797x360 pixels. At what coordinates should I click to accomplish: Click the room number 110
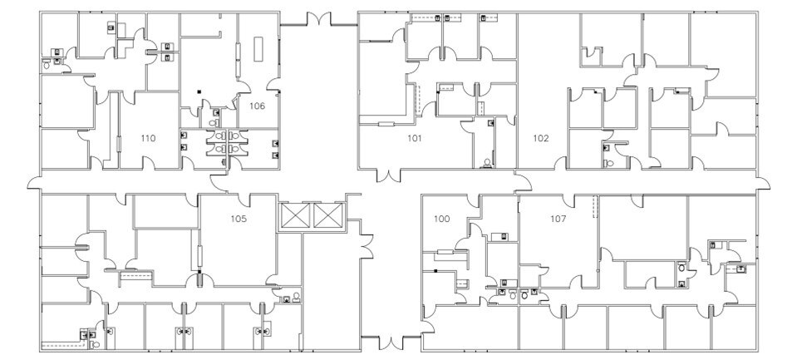[149, 138]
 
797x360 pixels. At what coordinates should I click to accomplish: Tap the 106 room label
[257, 106]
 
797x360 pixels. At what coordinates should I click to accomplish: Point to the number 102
[541, 138]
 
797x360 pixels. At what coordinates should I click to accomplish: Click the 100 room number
[442, 219]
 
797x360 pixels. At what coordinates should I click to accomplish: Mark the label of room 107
[559, 219]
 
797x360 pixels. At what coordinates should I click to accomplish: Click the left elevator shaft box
[295, 217]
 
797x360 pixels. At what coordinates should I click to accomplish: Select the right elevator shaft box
[328, 217]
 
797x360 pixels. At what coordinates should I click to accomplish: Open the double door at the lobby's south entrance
[381, 343]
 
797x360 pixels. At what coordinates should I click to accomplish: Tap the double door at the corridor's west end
[33, 181]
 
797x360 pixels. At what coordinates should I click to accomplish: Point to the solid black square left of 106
[199, 91]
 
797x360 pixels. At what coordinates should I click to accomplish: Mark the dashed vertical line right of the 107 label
[594, 207]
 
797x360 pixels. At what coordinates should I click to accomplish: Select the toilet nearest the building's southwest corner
[95, 343]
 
